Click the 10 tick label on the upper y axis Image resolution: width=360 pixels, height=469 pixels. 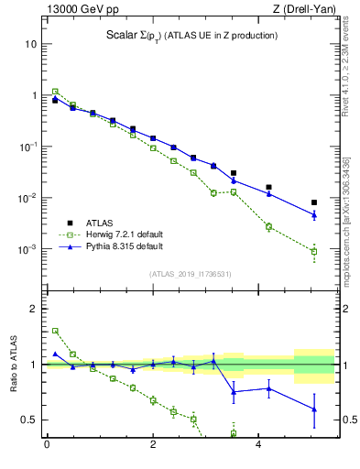[x=31, y=44]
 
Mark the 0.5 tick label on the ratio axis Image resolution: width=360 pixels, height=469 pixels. [x=28, y=420]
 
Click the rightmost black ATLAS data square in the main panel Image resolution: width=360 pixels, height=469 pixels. [x=314, y=202]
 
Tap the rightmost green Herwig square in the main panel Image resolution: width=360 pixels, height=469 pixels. [x=314, y=251]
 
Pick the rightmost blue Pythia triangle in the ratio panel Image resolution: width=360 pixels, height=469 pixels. [x=314, y=409]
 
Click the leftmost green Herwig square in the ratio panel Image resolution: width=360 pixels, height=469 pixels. [x=55, y=331]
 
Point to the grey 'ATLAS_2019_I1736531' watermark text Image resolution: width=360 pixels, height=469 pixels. [x=190, y=273]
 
